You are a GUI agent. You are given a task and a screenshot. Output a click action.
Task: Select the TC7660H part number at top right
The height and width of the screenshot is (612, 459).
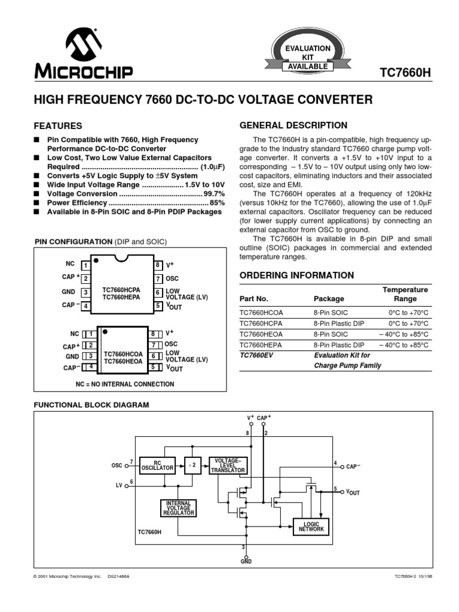tap(405, 73)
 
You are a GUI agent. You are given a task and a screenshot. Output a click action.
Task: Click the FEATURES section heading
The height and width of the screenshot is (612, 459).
tap(58, 127)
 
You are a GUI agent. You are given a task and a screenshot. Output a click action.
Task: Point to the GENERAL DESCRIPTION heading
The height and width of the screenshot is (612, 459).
tap(293, 126)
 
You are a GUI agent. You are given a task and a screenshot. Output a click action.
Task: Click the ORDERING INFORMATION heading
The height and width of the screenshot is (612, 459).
tap(296, 276)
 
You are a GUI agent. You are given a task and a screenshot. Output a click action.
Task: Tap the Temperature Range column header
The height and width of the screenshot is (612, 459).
tap(405, 294)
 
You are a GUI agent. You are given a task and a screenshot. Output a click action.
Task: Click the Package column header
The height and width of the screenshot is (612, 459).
tap(329, 299)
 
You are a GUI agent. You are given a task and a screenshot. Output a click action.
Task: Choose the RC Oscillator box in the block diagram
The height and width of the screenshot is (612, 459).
tap(157, 465)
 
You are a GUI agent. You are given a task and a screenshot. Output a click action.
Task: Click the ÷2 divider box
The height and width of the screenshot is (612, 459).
tap(192, 465)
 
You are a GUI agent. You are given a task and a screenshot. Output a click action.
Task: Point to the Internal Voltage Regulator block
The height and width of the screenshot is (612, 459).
tap(178, 508)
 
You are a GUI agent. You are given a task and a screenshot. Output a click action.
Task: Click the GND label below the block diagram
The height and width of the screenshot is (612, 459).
tap(246, 562)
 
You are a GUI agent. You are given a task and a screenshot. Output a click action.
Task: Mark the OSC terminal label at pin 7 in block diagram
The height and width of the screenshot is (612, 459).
tap(117, 466)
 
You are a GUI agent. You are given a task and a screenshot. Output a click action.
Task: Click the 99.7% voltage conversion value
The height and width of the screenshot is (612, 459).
tap(214, 194)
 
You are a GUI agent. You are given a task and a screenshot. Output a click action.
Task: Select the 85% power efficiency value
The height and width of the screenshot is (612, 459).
tap(217, 203)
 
